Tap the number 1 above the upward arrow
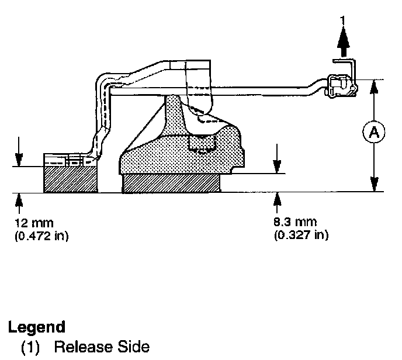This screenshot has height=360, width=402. point(343,22)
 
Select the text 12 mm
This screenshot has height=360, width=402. point(30,223)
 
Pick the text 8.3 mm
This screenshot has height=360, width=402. point(296,222)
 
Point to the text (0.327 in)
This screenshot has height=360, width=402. point(300,236)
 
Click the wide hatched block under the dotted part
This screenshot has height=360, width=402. point(171,184)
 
